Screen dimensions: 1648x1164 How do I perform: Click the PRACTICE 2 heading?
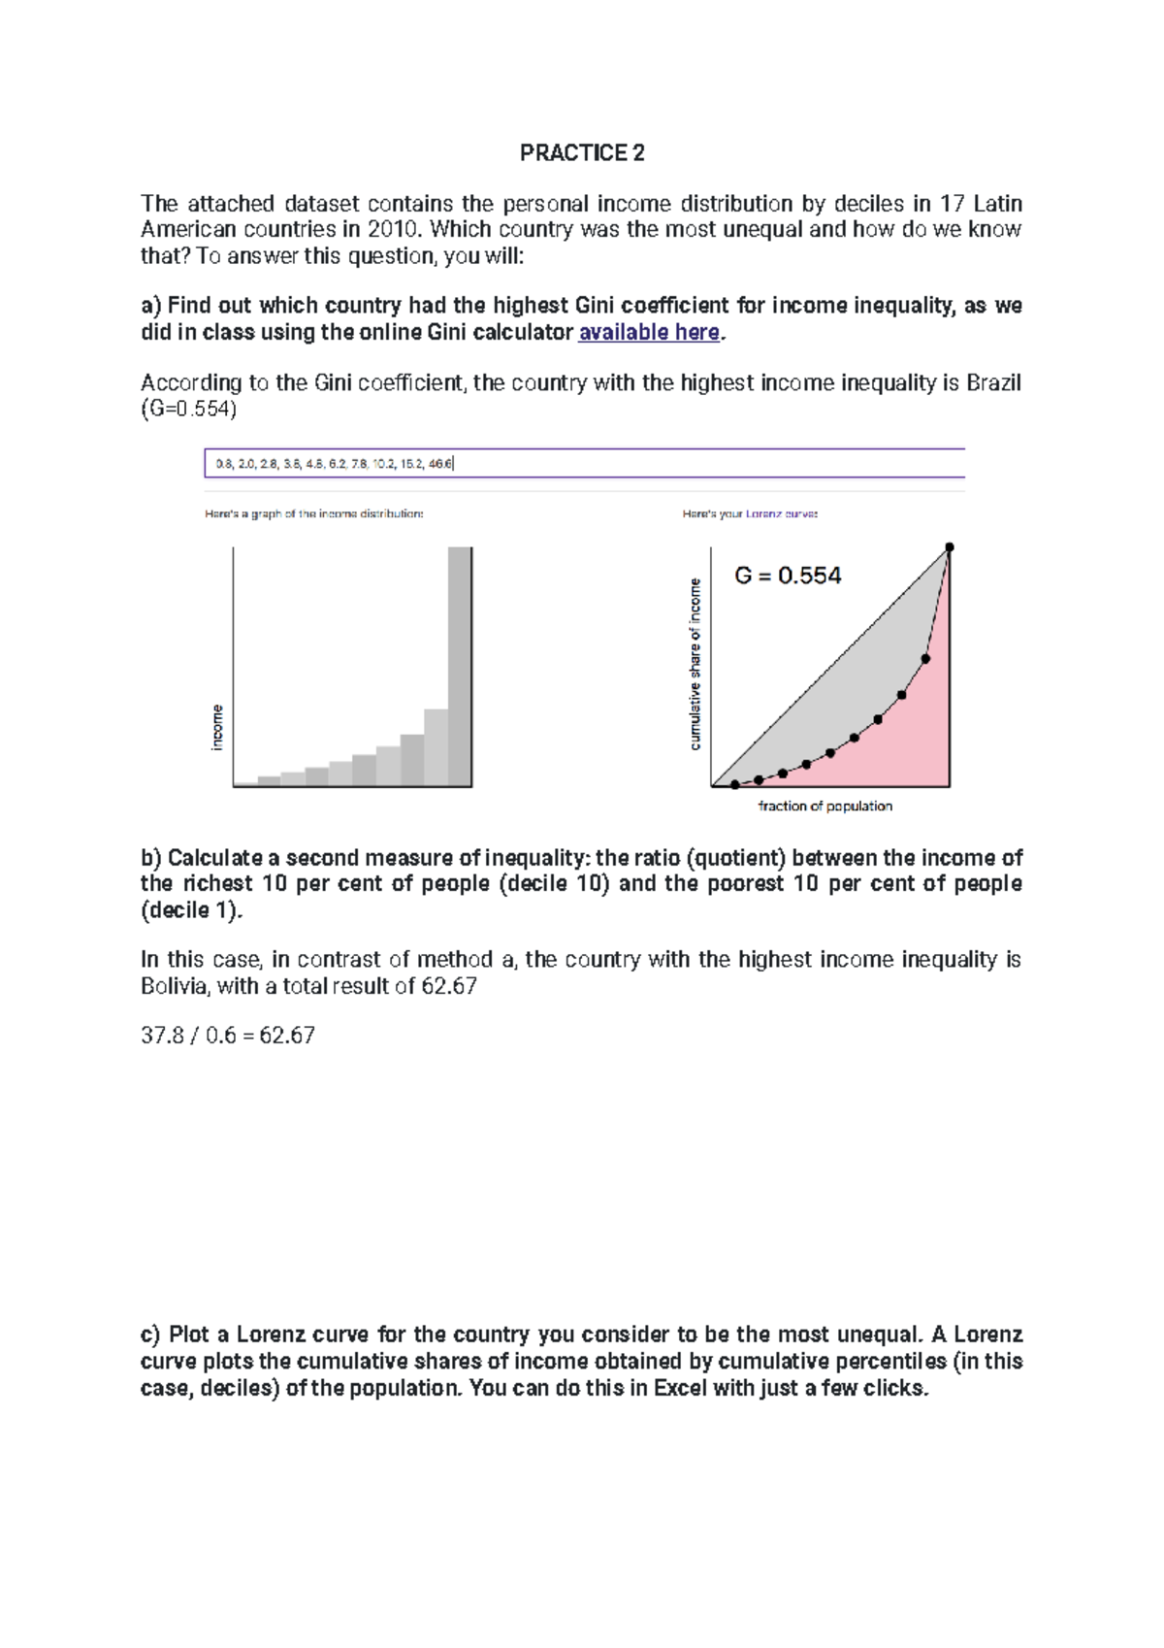[x=581, y=152]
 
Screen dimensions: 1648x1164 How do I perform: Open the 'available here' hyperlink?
[x=648, y=332]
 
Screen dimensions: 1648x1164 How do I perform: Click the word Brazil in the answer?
[x=993, y=382]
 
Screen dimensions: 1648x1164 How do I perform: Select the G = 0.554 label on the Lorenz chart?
[x=788, y=576]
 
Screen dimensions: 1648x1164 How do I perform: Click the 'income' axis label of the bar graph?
[x=217, y=727]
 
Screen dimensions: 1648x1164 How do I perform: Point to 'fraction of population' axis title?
[x=824, y=806]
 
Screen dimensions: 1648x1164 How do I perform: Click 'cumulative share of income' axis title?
[x=695, y=664]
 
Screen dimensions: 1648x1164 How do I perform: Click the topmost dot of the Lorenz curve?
[x=950, y=547]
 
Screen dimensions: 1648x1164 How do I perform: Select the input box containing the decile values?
[x=584, y=463]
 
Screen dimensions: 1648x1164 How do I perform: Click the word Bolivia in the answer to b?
[x=175, y=986]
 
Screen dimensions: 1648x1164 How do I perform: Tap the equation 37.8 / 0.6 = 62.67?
[x=228, y=1036]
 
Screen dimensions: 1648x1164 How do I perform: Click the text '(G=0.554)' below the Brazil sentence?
[x=189, y=409]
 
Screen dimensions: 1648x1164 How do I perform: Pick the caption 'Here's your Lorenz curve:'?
[x=750, y=513]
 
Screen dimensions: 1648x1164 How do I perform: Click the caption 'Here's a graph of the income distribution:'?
[x=313, y=513]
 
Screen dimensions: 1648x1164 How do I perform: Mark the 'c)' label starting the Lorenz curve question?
[x=150, y=1335]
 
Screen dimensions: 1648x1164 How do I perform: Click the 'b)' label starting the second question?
[x=150, y=858]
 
